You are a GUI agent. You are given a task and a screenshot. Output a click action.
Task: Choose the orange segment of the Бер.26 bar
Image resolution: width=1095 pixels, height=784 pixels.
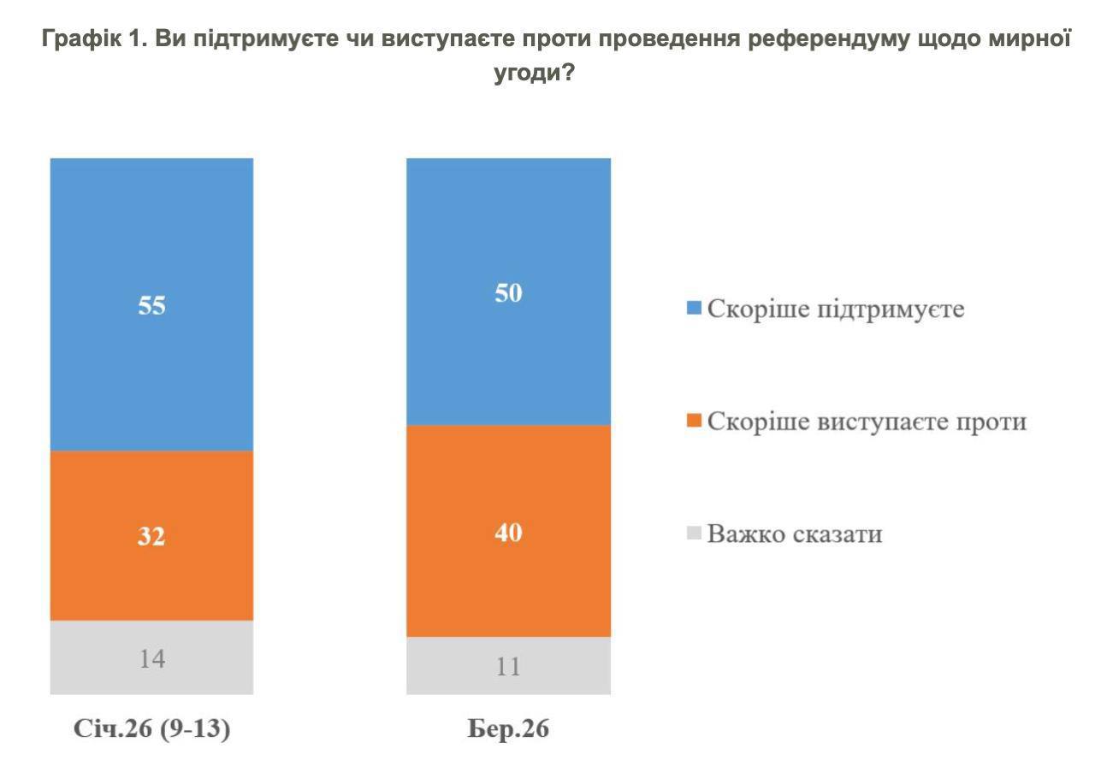click(508, 581)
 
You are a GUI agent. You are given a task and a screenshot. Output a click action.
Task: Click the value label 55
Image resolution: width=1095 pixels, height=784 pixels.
click(151, 305)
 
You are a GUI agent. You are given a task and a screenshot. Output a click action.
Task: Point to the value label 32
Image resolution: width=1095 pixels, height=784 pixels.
click(151, 536)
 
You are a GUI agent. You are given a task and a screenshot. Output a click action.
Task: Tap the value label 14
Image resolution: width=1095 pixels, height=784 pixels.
click(151, 658)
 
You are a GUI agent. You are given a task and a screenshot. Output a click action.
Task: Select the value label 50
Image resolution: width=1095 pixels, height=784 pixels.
click(508, 292)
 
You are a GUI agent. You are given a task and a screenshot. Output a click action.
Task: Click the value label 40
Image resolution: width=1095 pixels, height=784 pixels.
click(508, 532)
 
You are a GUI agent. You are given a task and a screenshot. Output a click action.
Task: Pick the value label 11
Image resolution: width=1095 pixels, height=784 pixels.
click(508, 666)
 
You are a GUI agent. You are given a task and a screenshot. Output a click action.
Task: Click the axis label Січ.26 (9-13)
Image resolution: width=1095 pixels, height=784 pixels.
click(152, 731)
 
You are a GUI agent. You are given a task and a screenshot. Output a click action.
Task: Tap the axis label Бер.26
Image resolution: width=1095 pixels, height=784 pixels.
click(508, 731)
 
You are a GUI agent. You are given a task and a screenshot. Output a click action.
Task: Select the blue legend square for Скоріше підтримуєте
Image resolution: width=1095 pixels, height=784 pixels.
click(694, 308)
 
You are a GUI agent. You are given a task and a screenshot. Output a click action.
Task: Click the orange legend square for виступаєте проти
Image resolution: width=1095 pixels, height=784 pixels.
click(694, 421)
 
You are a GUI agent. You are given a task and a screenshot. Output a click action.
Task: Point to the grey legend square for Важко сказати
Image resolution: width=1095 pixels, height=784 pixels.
click(694, 534)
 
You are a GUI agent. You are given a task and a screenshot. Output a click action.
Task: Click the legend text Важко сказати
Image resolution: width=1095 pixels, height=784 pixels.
click(795, 535)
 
